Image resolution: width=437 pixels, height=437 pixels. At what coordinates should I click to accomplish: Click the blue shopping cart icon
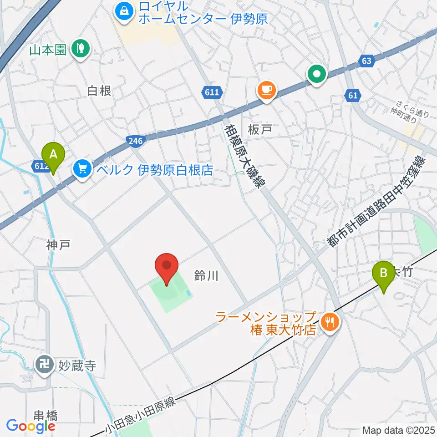82,170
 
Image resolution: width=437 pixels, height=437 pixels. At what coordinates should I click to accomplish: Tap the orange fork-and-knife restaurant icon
329,323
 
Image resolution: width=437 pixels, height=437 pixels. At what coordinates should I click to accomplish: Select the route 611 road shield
212,93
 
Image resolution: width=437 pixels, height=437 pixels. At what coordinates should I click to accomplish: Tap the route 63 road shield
367,60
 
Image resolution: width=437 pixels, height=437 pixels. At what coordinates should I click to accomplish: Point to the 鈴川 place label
207,275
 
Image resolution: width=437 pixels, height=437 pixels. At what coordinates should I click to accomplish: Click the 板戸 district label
260,129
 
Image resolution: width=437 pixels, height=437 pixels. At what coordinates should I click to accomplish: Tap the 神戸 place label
58,246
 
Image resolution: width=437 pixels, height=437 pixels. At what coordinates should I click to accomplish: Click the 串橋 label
46,416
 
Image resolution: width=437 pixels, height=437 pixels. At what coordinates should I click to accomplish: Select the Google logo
30,426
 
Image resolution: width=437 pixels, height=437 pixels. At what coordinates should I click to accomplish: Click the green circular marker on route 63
317,73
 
